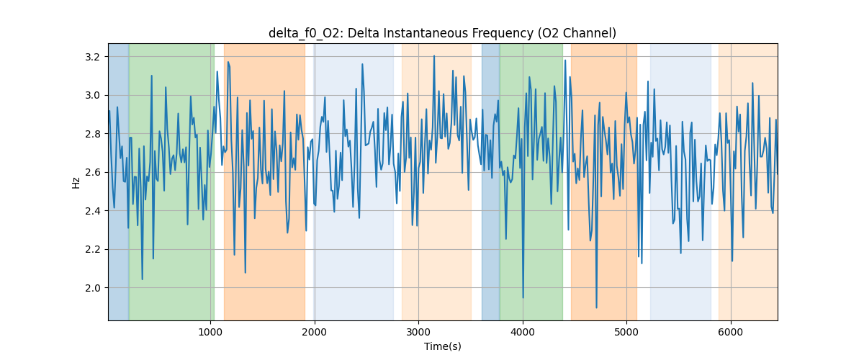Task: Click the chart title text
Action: [442, 33]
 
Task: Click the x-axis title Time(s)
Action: [442, 346]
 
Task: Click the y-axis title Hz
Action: [76, 182]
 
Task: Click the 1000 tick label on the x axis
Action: [210, 332]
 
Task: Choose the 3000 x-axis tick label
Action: [418, 332]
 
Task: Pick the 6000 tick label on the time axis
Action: [731, 332]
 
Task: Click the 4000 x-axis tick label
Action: [523, 332]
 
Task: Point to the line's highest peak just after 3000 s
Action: [434, 55]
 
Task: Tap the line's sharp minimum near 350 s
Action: [142, 279]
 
